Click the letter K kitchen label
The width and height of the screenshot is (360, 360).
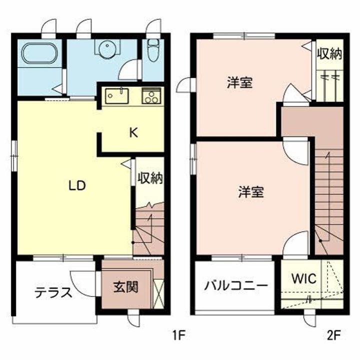tap(133, 132)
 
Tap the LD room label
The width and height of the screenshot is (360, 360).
tap(77, 186)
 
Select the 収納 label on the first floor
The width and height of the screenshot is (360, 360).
tap(150, 178)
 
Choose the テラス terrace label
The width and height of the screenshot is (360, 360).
tap(53, 293)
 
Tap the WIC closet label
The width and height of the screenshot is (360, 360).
tap(304, 278)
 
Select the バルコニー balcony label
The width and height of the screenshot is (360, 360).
tap(236, 286)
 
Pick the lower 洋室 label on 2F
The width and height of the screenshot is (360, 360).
tap(251, 192)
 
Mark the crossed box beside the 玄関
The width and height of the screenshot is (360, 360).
tap(158, 293)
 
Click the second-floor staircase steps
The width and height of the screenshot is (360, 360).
tap(329, 190)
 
